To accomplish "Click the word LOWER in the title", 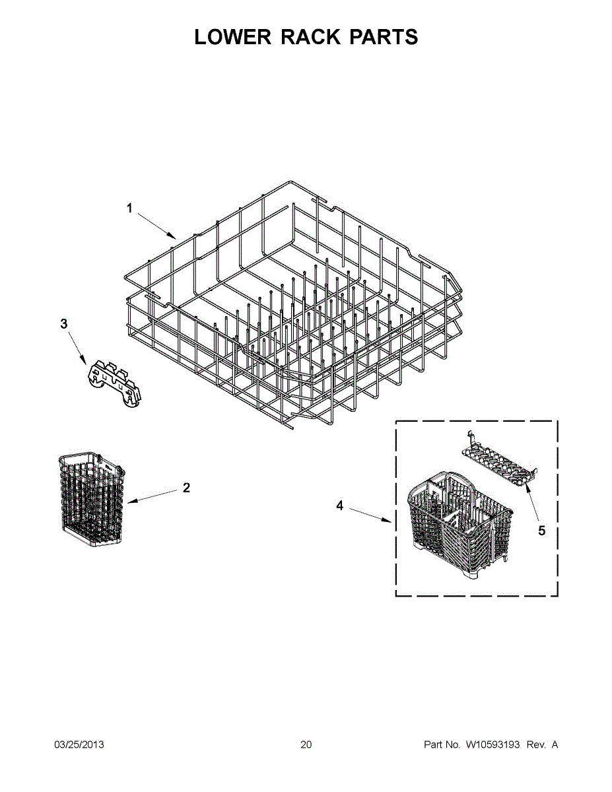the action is [233, 37].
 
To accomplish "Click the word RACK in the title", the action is [310, 37].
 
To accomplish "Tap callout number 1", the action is [130, 208].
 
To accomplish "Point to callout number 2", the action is [186, 488].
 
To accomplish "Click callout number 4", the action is [340, 506].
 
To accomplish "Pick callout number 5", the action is [542, 531].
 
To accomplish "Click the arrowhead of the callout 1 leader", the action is [173, 236].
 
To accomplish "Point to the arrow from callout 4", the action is [370, 515].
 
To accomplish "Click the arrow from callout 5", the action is [532, 504].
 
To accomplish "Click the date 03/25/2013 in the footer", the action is [79, 745].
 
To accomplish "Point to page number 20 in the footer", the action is [306, 745].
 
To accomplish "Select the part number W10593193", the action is [491, 745].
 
